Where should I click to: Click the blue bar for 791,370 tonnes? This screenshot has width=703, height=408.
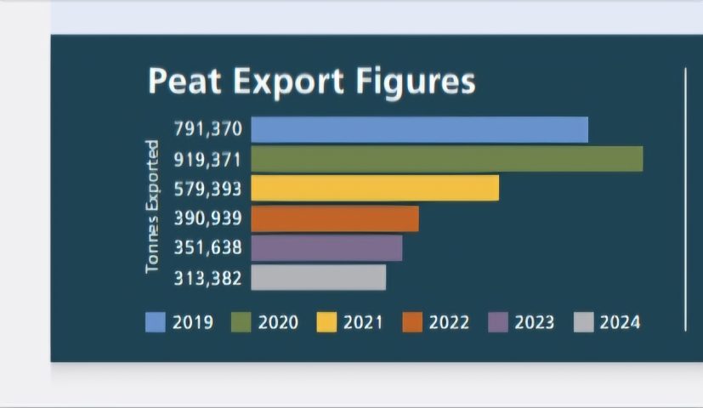tap(419, 129)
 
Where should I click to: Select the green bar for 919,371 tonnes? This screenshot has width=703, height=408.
tap(446, 159)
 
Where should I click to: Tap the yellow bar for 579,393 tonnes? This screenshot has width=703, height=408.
tap(375, 188)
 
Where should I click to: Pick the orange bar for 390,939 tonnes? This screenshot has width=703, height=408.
tap(335, 218)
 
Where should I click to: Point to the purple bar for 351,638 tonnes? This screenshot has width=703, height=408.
tap(326, 247)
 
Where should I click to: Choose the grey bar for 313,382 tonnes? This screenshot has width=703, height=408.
tap(318, 277)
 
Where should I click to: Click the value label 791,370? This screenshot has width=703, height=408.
tap(207, 129)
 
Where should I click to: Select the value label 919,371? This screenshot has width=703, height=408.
tap(207, 159)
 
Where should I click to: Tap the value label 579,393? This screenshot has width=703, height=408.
tap(207, 189)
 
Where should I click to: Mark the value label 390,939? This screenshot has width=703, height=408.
tap(207, 218)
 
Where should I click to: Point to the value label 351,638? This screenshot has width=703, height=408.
tap(207, 247)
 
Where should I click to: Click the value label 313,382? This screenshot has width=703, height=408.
tap(207, 278)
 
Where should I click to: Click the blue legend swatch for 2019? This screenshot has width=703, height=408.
tap(156, 322)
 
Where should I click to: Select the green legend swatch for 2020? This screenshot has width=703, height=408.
tap(241, 322)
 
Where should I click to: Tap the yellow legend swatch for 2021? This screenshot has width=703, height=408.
tap(327, 322)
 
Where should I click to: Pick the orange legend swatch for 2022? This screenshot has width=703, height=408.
tap(412, 322)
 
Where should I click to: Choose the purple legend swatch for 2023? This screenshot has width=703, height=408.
tap(498, 322)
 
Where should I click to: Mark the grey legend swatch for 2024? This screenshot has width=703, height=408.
tap(584, 322)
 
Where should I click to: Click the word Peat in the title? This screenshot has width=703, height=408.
tap(184, 82)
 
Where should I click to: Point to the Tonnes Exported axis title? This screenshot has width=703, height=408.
tap(152, 207)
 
